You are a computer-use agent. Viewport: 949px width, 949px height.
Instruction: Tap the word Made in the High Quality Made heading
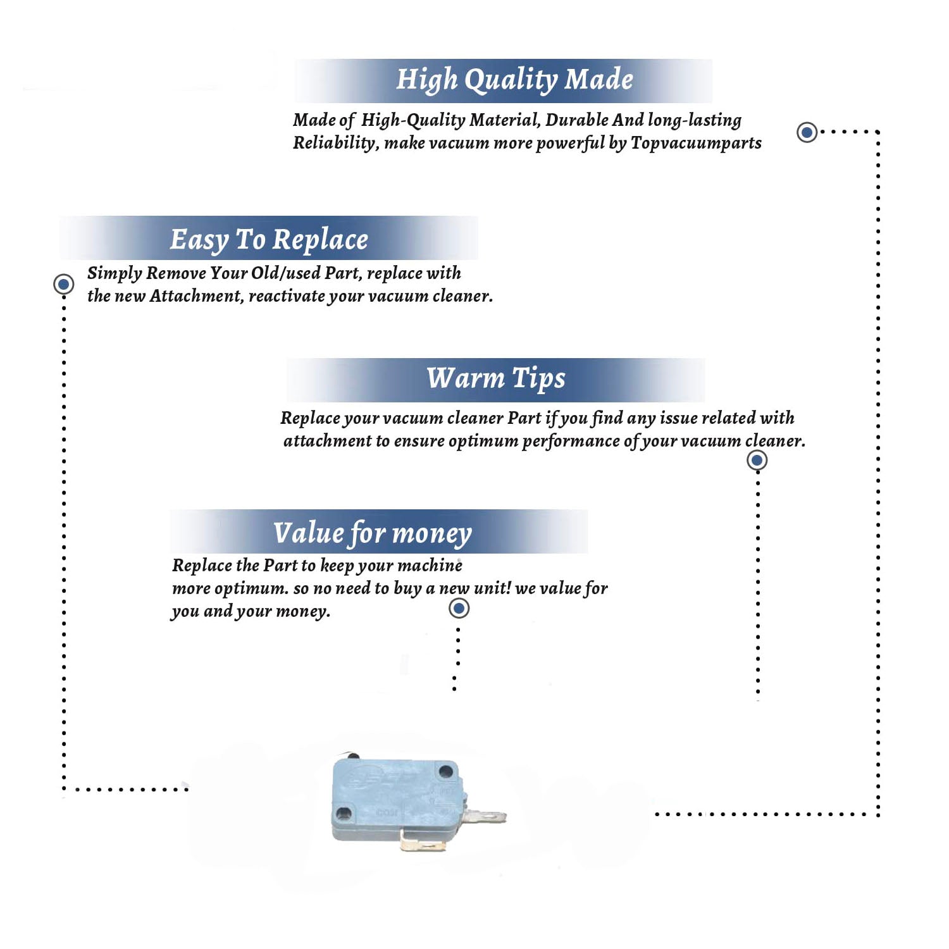[x=599, y=79]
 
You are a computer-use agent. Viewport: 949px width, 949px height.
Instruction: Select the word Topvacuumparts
[x=696, y=144]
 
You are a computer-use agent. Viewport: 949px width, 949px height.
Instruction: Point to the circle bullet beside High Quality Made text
[x=807, y=132]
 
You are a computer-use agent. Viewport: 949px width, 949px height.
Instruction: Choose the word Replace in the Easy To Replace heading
[x=320, y=240]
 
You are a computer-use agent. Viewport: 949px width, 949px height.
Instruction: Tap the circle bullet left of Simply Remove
[x=63, y=284]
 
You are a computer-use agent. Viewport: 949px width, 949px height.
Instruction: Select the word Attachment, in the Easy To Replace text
[x=196, y=296]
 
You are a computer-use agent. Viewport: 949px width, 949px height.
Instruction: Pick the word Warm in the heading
[x=465, y=378]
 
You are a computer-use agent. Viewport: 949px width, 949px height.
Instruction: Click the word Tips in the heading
[x=538, y=379]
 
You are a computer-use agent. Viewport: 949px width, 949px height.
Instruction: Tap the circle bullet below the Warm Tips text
[x=757, y=460]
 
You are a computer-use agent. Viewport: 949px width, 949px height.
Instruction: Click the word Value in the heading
[x=309, y=532]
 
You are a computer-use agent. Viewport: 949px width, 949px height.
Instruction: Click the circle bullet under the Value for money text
[x=459, y=609]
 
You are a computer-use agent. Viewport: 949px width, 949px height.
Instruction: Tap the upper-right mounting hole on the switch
[x=446, y=771]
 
